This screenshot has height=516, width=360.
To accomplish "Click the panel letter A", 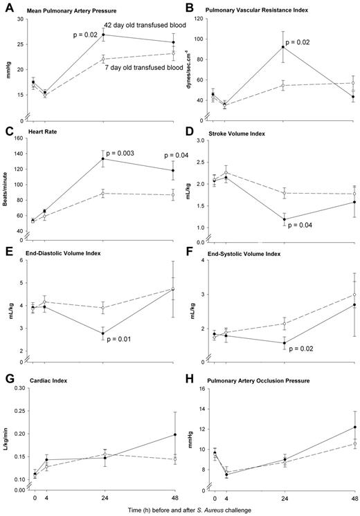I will tap(9, 9).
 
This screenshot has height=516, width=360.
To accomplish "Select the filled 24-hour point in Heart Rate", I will tap(102, 159).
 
